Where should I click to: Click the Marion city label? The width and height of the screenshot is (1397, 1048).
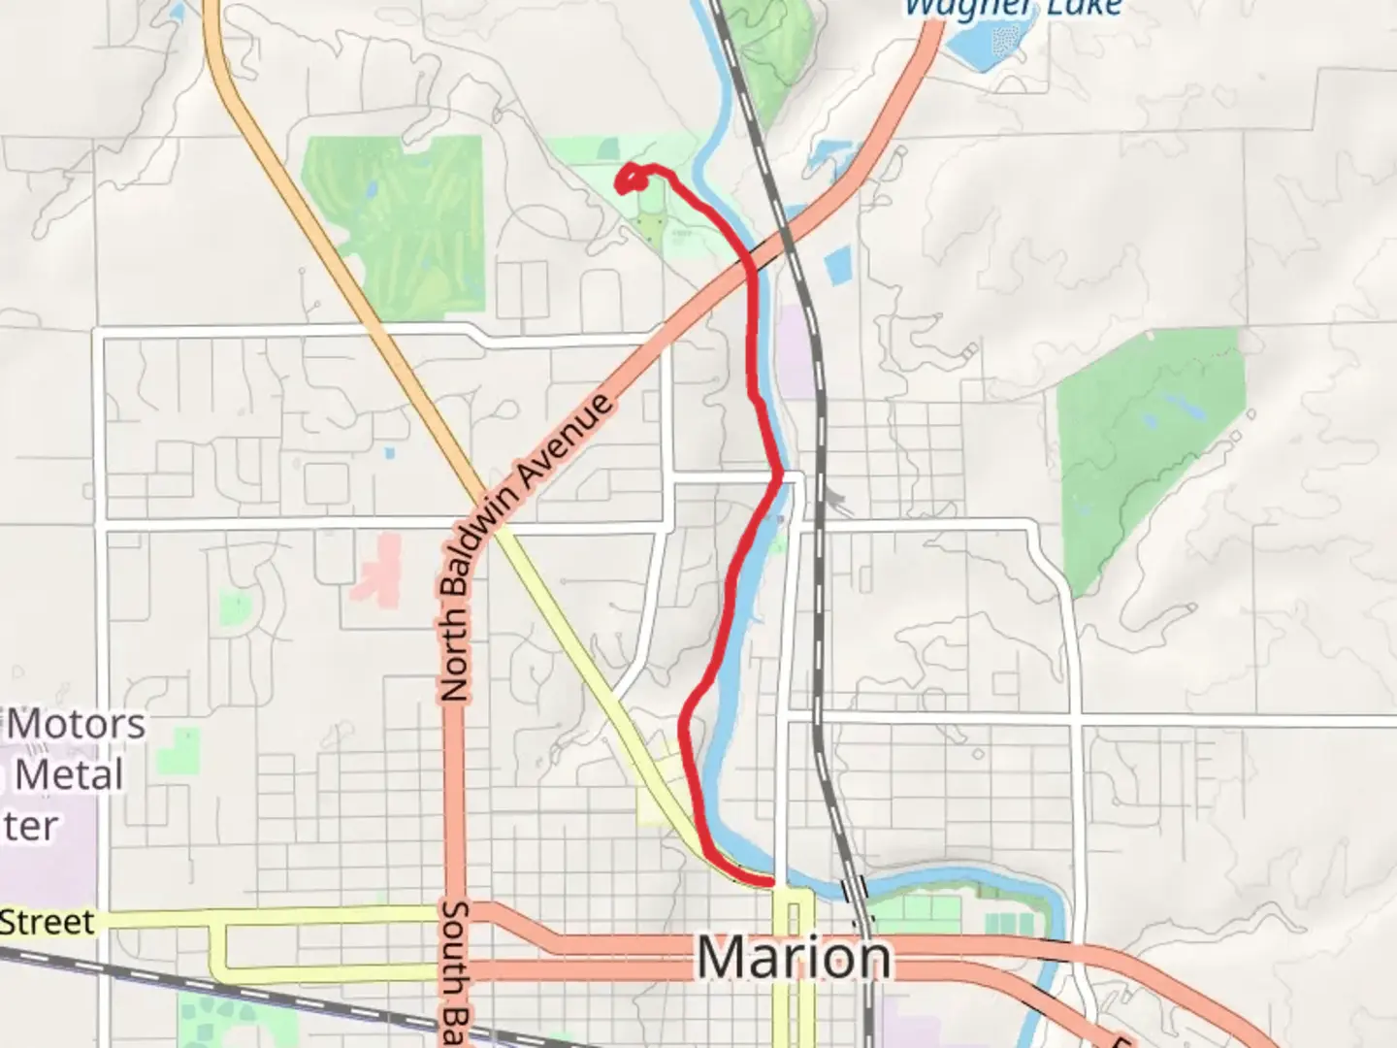click(794, 959)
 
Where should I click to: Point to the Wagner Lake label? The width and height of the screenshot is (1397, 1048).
click(1012, 9)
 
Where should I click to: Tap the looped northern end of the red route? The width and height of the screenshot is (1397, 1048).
click(632, 178)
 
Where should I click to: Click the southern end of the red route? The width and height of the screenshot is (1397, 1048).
click(771, 882)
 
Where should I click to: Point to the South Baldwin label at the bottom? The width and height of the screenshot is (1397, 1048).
click(454, 970)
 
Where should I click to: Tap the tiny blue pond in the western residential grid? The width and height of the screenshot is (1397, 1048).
click(390, 453)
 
